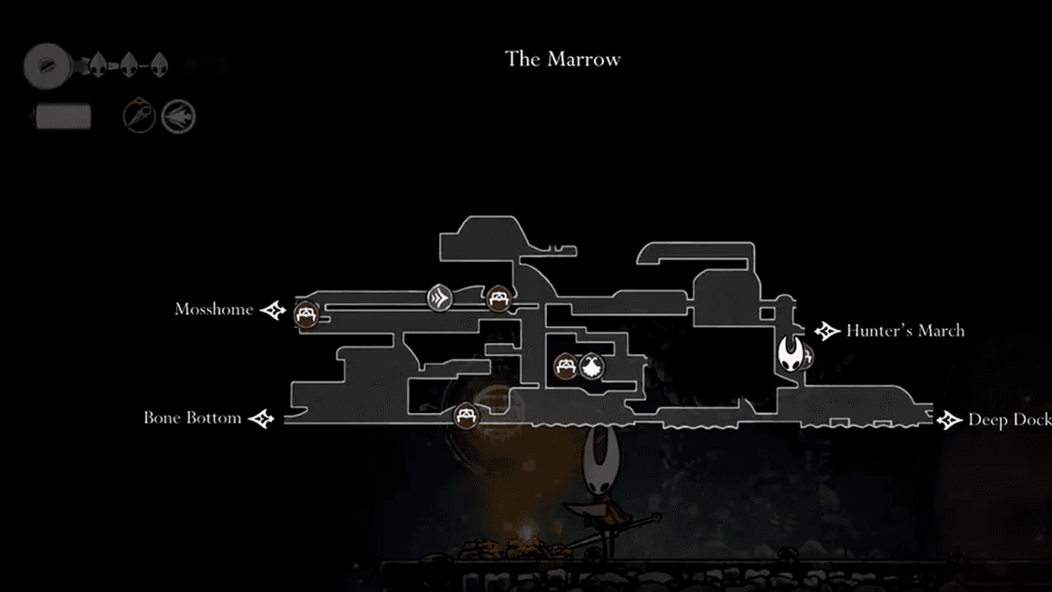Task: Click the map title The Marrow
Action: [562, 60]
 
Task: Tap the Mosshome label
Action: [213, 310]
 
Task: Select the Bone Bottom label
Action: [192, 418]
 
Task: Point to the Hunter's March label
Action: [905, 332]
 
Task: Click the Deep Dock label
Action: [1009, 420]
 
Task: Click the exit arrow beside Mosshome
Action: [274, 310]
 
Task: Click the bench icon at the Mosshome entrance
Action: [306, 313]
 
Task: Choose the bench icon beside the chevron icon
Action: [498, 299]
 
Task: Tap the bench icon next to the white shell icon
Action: [566, 366]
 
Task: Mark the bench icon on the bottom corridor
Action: [465, 415]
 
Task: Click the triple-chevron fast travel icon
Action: [440, 298]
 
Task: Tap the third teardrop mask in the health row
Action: [159, 64]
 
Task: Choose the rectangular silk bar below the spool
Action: [62, 116]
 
